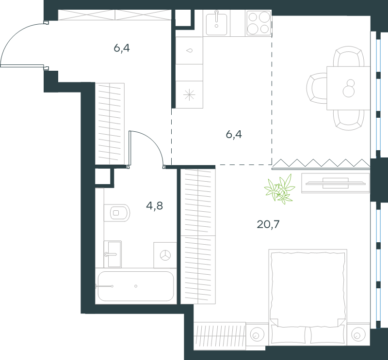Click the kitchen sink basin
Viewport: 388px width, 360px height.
click(216, 24)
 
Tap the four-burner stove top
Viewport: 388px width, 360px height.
click(259, 23)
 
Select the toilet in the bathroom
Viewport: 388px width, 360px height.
click(117, 213)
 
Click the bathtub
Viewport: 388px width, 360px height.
click(136, 286)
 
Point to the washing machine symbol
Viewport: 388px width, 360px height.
click(165, 255)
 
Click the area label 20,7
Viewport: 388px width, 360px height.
click(268, 224)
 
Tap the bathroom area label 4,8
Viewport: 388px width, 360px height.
click(154, 206)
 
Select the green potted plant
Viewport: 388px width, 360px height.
click(280, 189)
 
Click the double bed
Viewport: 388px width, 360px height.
click(308, 297)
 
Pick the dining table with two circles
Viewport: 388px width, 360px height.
click(348, 88)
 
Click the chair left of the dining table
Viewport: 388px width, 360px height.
click(317, 88)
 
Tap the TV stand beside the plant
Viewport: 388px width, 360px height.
click(336, 183)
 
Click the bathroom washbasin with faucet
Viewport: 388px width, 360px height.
click(113, 254)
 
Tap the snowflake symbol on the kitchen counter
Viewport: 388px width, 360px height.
click(189, 94)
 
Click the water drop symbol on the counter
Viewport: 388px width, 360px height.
click(189, 50)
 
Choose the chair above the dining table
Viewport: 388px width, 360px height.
click(349, 56)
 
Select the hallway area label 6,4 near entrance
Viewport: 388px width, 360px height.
click(122, 48)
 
